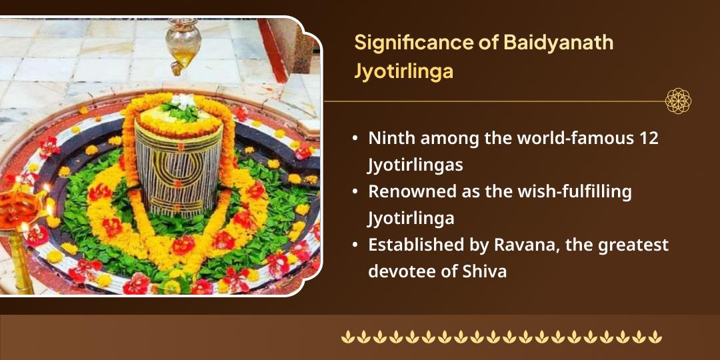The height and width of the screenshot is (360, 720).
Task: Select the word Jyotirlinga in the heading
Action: point(403,71)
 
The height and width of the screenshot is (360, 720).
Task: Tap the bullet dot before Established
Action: point(357,245)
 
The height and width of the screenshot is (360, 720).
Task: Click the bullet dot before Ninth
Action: point(357,139)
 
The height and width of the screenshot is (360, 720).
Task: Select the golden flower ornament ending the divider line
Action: point(678,101)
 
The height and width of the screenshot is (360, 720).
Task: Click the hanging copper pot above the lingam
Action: point(183,44)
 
